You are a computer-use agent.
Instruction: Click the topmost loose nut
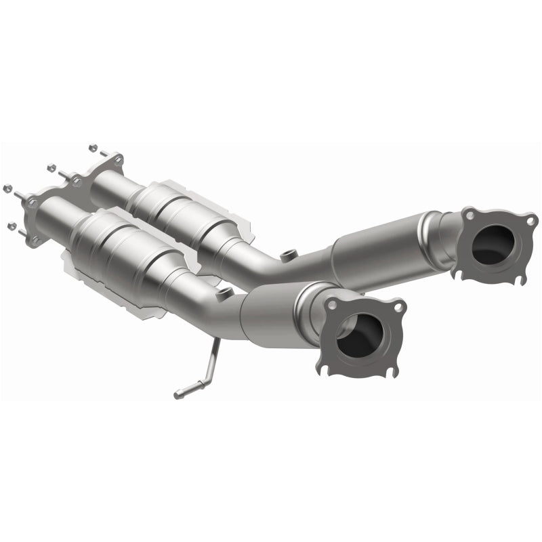pos(92,146)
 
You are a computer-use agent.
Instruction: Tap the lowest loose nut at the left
pos(12,225)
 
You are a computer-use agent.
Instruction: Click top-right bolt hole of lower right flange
pos(398,307)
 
